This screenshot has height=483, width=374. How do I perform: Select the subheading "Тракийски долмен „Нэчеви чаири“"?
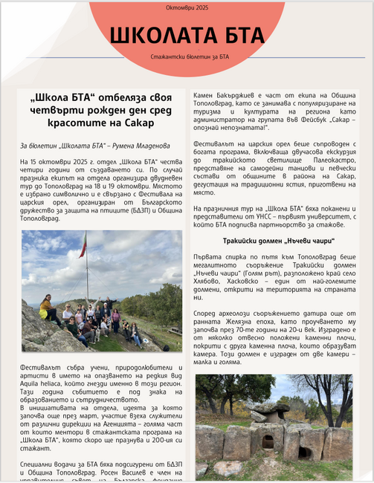278,241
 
